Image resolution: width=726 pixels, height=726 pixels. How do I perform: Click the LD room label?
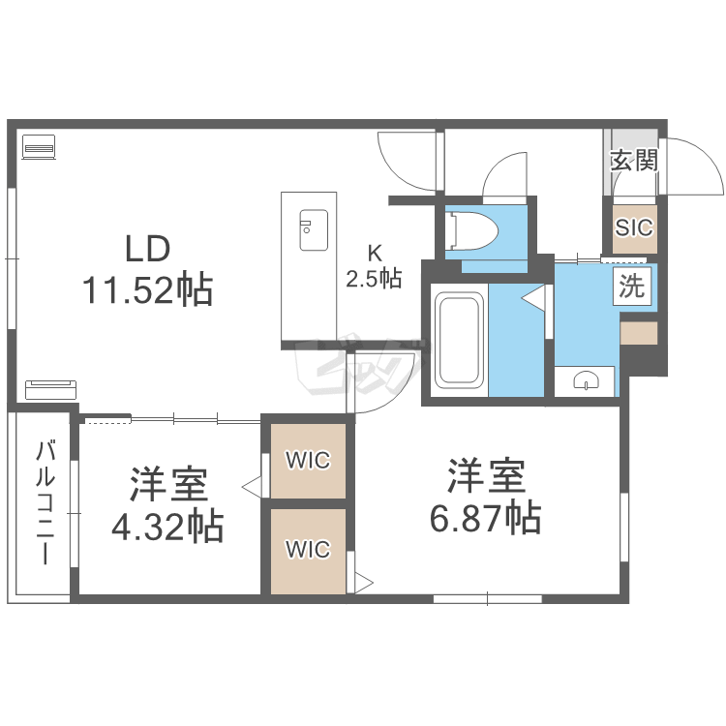click(148, 249)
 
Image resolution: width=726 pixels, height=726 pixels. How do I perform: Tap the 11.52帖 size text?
click(147, 289)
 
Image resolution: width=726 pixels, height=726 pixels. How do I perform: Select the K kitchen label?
click(374, 254)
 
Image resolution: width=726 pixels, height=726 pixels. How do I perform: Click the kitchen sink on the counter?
click(314, 230)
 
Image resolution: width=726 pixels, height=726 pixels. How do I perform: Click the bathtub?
click(460, 340)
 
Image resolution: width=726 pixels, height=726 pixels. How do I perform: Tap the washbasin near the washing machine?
click(587, 380)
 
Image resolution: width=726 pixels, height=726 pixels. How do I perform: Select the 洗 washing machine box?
click(631, 287)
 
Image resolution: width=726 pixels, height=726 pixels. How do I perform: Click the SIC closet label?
click(634, 227)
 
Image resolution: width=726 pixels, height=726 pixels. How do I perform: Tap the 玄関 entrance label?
click(634, 161)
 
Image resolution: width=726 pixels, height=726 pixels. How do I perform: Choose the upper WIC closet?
click(308, 460)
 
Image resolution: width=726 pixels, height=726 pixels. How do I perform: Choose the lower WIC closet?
click(308, 551)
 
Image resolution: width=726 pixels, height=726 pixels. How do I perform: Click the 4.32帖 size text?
click(167, 526)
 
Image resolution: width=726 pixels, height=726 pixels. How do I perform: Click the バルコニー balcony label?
click(45, 502)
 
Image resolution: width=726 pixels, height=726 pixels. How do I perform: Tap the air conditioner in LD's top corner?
click(39, 147)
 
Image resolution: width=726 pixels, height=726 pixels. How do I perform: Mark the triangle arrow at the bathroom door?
click(533, 297)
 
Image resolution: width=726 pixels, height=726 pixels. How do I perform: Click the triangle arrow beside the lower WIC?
click(364, 583)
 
